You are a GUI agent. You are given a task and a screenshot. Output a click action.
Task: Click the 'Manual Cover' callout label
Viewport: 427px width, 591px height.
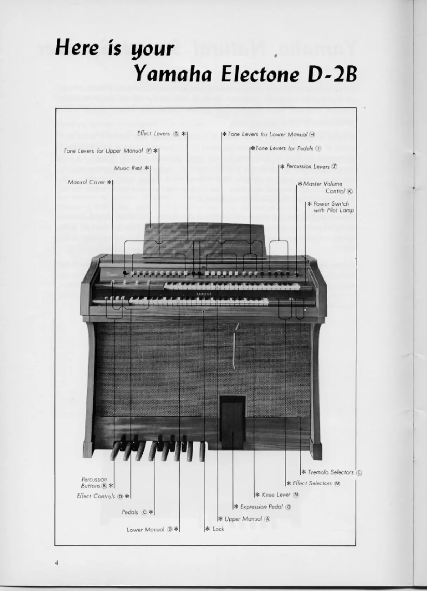86,182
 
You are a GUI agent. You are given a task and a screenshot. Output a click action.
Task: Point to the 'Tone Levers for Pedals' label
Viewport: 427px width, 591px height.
284,148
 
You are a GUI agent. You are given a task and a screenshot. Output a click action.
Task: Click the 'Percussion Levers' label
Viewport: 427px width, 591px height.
308,167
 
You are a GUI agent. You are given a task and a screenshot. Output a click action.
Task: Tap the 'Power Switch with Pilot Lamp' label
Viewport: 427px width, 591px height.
331,207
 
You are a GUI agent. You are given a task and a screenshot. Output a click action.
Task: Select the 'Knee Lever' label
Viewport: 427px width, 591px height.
276,495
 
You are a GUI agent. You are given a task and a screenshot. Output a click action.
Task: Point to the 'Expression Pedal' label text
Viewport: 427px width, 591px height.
261,507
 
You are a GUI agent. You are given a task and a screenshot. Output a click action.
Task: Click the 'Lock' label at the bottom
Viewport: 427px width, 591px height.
218,529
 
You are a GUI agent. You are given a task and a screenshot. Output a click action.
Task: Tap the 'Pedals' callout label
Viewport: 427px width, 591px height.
130,512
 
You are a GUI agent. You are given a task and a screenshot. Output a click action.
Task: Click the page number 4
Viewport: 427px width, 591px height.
57,563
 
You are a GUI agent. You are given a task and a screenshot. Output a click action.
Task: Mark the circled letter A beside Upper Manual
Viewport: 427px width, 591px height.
267,519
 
